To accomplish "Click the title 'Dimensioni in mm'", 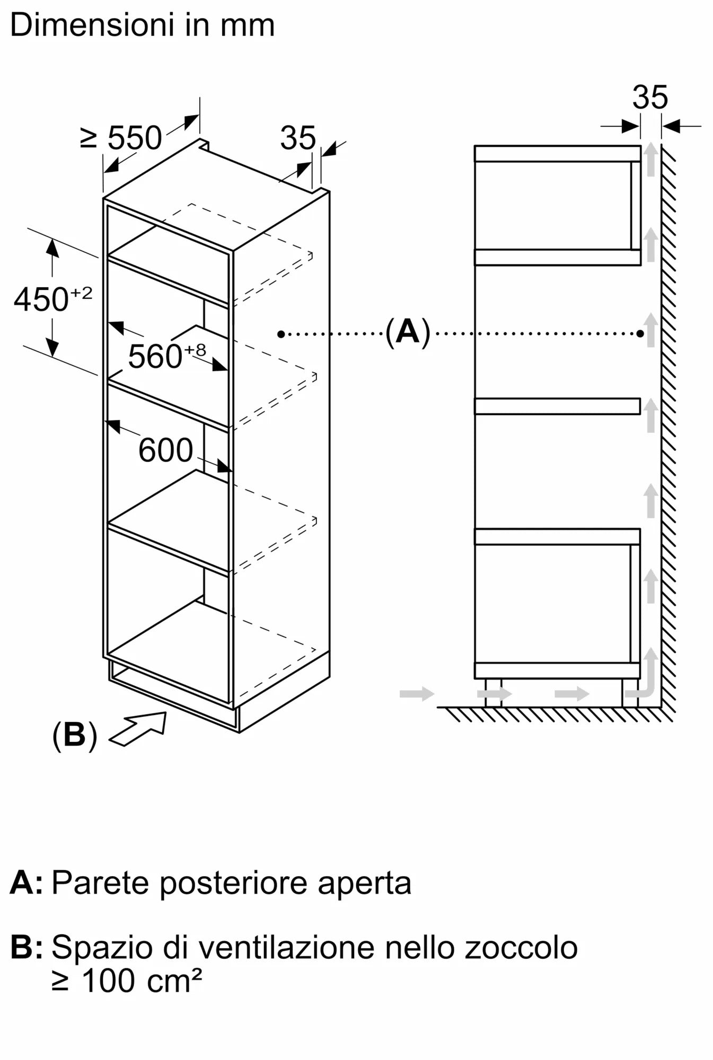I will pyautogui.click(x=142, y=25).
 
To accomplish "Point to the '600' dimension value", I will pyautogui.click(x=165, y=450).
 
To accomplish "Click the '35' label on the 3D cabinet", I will pyautogui.click(x=297, y=138).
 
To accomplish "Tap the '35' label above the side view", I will pyautogui.click(x=650, y=98).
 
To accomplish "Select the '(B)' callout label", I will pyautogui.click(x=75, y=735).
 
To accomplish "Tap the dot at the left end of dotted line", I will pyautogui.click(x=281, y=334).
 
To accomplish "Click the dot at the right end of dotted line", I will pyautogui.click(x=640, y=334).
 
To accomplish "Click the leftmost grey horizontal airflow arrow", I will pyautogui.click(x=417, y=693).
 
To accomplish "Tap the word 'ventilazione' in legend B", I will pyautogui.click(x=287, y=947).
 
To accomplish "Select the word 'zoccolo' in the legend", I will pyautogui.click(x=521, y=947).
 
